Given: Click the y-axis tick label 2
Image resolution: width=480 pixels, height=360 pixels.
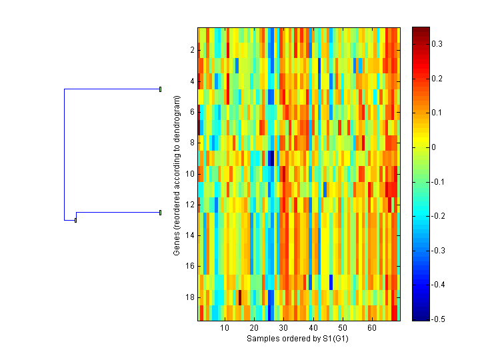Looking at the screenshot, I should pyautogui.click(x=191, y=50).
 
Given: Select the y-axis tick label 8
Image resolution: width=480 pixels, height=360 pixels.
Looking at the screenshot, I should pyautogui.click(x=191, y=143).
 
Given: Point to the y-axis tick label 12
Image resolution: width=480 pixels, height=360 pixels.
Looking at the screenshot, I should pyautogui.click(x=189, y=205).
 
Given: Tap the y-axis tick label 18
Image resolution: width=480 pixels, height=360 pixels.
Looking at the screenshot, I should pyautogui.click(x=189, y=297).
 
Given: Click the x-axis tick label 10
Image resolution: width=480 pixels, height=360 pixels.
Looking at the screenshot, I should pyautogui.click(x=225, y=329).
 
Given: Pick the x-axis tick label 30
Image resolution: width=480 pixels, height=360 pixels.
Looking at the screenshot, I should pyautogui.click(x=283, y=329).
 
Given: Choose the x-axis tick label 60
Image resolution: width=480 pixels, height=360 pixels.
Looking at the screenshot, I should pyautogui.click(x=372, y=329).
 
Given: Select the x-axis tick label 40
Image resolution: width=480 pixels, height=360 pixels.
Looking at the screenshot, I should pyautogui.click(x=313, y=329).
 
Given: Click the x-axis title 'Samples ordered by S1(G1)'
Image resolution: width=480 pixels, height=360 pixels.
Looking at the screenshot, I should pyautogui.click(x=298, y=339).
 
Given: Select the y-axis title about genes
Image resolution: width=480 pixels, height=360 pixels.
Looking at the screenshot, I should pyautogui.click(x=177, y=175).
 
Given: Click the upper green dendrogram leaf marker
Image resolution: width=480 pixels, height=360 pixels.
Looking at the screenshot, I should pyautogui.click(x=161, y=89).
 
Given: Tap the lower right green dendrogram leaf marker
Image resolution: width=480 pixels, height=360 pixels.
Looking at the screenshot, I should pyautogui.click(x=161, y=213).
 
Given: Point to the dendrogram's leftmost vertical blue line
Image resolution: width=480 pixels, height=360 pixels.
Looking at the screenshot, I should pyautogui.click(x=64, y=154).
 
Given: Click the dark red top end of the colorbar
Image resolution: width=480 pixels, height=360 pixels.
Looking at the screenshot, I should pyautogui.click(x=421, y=30).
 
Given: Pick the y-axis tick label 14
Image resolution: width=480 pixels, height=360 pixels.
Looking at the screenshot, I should pyautogui.click(x=189, y=235).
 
